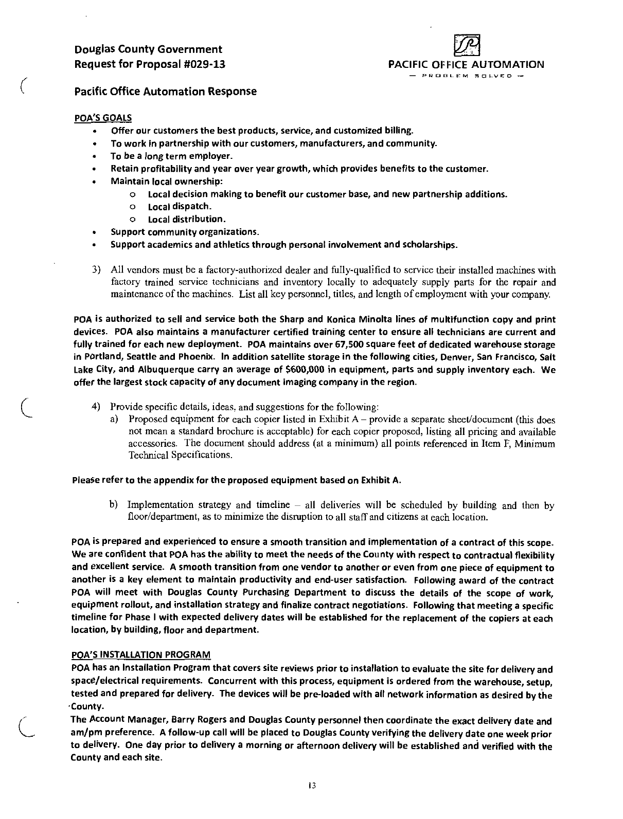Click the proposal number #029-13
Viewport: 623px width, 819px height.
pyautogui.click(x=204, y=64)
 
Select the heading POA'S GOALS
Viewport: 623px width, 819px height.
pyautogui.click(x=103, y=118)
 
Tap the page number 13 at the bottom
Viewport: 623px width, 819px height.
pyautogui.click(x=311, y=786)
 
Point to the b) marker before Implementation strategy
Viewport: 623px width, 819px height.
pyautogui.click(x=114, y=505)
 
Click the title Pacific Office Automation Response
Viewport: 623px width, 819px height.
pyautogui.click(x=165, y=92)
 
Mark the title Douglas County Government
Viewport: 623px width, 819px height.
pyautogui.click(x=149, y=49)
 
